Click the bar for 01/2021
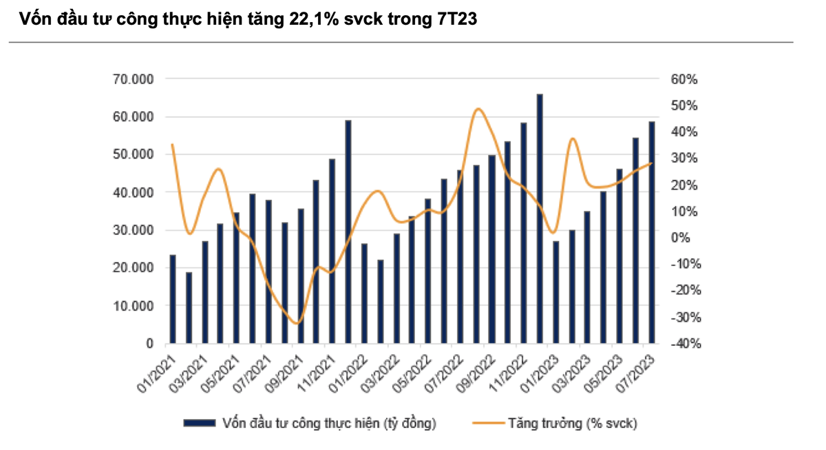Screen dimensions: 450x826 click(x=173, y=299)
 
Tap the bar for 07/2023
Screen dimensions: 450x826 click(x=651, y=232)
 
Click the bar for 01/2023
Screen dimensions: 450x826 click(x=555, y=292)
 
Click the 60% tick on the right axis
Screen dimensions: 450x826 click(x=684, y=79)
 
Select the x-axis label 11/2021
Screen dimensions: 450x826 click(x=320, y=373)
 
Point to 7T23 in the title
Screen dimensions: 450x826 click(x=456, y=20)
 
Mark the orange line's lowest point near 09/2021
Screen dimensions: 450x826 click(x=297, y=323)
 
